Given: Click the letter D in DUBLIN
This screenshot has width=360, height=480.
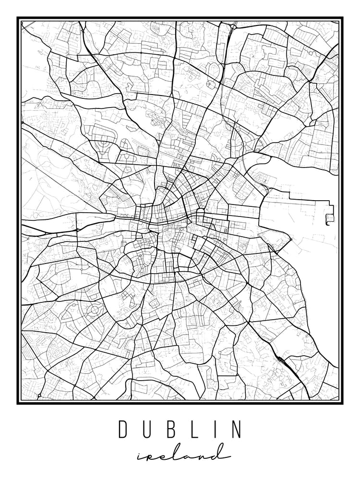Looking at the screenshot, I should click(123, 430).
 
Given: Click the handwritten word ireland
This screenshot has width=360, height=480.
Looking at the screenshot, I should click(180, 454).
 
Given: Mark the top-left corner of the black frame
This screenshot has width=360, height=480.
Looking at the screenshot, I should click(18, 18).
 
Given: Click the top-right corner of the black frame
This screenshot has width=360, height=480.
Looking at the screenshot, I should click(342, 18).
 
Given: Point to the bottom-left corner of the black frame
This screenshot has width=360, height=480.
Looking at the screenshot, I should click(18, 403).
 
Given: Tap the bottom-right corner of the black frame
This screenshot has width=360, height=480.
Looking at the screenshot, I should click(342, 403).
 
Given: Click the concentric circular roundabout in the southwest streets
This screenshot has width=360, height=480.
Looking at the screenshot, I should click(95, 311).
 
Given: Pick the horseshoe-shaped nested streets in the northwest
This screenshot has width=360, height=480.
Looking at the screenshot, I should click(102, 143).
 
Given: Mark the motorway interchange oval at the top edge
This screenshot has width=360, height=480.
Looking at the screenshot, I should click(233, 25).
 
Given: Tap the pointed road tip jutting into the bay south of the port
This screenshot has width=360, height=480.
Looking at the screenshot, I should click(291, 239).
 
